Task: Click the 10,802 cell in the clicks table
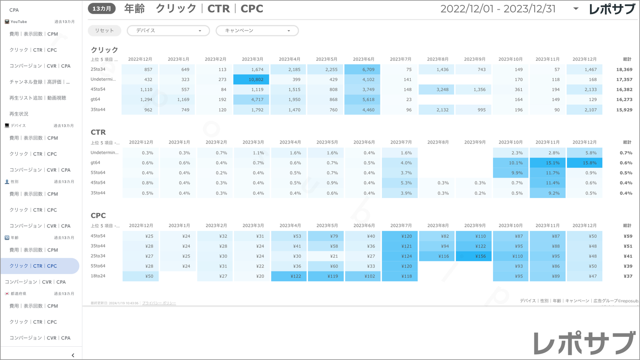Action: click(x=251, y=80)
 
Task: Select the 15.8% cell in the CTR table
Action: click(x=584, y=163)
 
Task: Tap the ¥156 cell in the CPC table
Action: click(x=473, y=256)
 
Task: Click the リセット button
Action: click(x=105, y=31)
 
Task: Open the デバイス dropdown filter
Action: click(x=168, y=31)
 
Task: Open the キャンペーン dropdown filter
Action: click(x=257, y=31)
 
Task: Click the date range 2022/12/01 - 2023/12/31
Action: click(x=498, y=9)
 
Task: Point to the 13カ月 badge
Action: click(x=102, y=9)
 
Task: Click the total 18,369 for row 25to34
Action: click(x=624, y=70)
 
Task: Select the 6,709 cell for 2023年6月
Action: click(x=362, y=70)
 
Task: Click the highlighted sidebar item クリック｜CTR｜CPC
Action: click(x=39, y=266)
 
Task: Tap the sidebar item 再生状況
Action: click(x=19, y=114)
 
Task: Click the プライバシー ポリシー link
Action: click(x=159, y=303)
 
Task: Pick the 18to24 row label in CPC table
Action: click(x=98, y=276)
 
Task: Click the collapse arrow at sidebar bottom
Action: click(x=73, y=355)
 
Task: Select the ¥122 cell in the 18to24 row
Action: click(x=289, y=276)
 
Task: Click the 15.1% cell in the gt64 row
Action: click(x=547, y=163)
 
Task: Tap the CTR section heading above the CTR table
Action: click(x=98, y=132)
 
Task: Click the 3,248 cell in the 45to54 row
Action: click(x=437, y=89)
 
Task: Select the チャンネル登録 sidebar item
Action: click(x=39, y=82)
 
